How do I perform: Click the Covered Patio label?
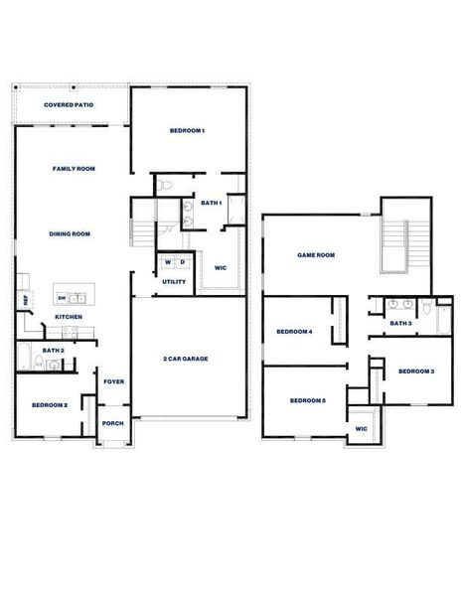tap(69, 104)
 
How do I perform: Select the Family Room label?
tap(74, 169)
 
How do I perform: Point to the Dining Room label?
tap(70, 233)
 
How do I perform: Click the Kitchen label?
tap(69, 317)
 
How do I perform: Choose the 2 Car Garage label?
tap(186, 358)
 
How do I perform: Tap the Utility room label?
tap(174, 281)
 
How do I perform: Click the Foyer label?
tap(114, 380)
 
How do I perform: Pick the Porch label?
tap(114, 422)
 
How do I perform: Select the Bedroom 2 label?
tap(50, 405)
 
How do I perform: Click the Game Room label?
tap(316, 255)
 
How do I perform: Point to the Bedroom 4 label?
tap(295, 331)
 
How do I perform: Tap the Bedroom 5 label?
tap(307, 400)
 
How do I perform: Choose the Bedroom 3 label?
tap(416, 371)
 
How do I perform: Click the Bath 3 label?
tap(400, 323)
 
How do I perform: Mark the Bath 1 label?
tap(211, 203)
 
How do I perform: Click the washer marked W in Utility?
tap(168, 262)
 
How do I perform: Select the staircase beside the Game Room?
tap(395, 241)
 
